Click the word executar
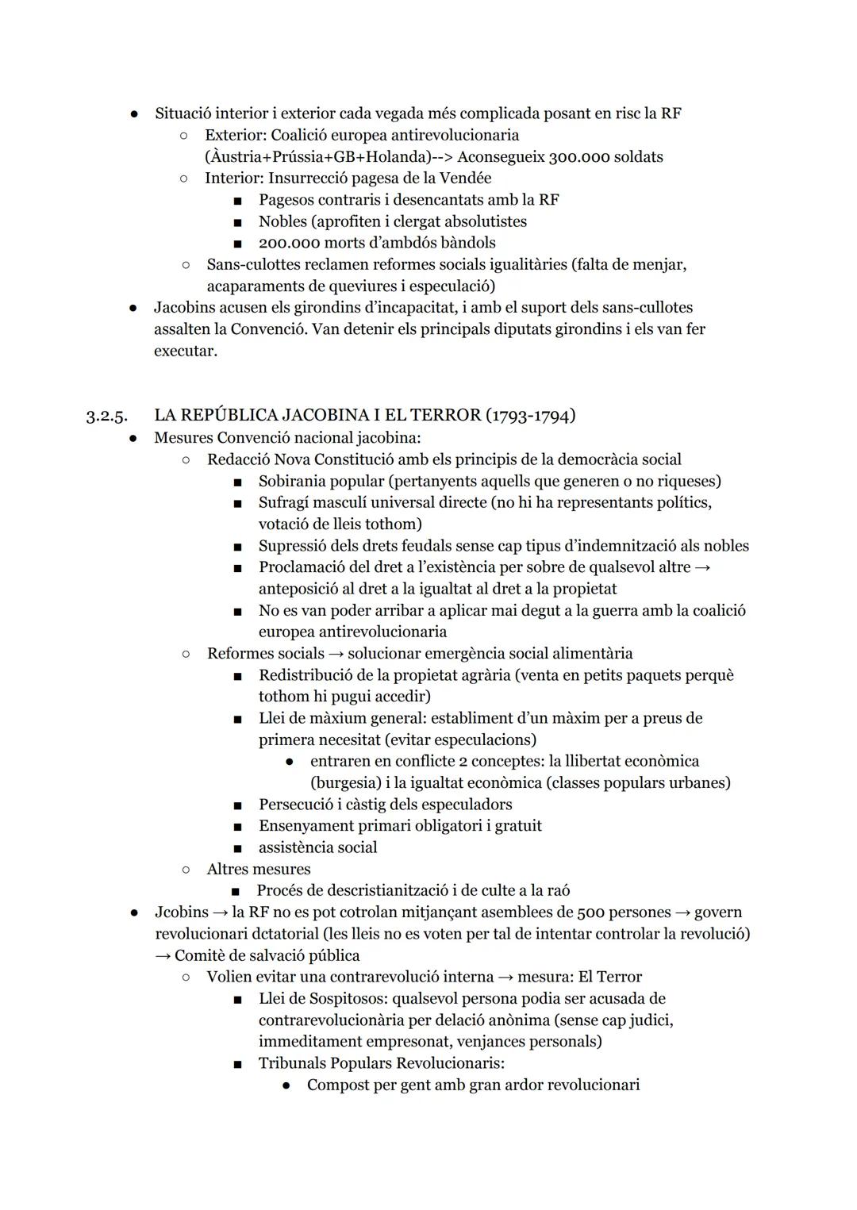[185, 351]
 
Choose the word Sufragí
[286, 502]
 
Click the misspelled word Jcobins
[182, 912]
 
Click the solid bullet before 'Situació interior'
[134, 113]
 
